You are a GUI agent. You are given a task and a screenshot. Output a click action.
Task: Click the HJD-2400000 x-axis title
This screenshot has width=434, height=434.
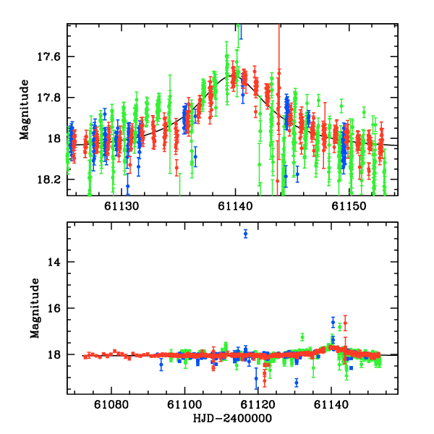tap(233, 418)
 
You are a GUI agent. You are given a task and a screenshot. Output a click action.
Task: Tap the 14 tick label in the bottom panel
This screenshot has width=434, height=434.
tap(58, 262)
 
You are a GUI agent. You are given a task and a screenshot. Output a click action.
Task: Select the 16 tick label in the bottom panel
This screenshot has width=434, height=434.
tap(58, 308)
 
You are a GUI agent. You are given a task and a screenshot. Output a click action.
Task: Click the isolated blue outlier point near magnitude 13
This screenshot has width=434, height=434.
tap(246, 234)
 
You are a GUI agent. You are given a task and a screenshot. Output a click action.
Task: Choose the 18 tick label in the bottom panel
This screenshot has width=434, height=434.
tap(58, 354)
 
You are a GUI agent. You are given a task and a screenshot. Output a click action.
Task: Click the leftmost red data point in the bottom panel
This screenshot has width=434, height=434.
tap(85, 356)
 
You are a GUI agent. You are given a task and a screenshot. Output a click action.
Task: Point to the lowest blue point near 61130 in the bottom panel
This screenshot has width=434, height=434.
tap(297, 383)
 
